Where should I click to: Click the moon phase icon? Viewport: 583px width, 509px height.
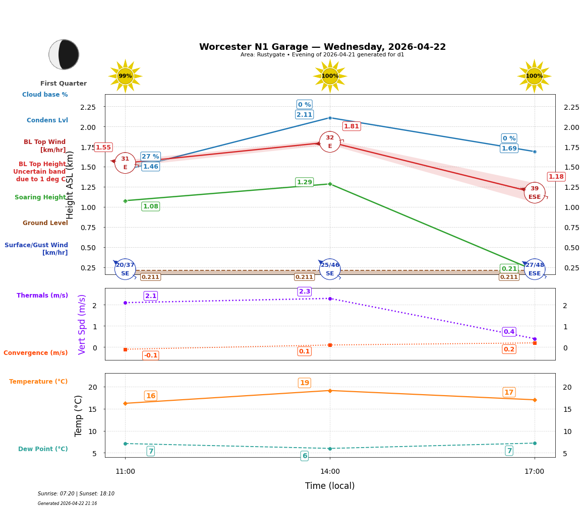click(x=64, y=54)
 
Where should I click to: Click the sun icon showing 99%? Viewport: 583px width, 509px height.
click(x=125, y=76)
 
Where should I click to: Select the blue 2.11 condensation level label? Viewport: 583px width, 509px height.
click(x=304, y=115)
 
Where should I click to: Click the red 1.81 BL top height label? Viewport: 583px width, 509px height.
click(x=352, y=126)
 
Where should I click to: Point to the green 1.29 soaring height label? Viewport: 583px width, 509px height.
click(x=304, y=182)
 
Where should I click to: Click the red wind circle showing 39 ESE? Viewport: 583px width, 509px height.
click(x=534, y=192)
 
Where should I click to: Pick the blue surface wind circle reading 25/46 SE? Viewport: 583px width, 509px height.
click(x=330, y=269)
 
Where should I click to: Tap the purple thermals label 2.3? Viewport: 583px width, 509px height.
click(x=305, y=292)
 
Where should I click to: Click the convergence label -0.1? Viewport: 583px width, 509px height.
click(x=150, y=355)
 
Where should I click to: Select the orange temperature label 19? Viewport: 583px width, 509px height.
click(x=304, y=383)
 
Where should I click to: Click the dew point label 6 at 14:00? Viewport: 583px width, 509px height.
click(x=304, y=456)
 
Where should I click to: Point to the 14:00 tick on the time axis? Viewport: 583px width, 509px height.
click(x=330, y=471)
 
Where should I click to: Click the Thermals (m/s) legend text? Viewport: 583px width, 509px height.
click(x=42, y=296)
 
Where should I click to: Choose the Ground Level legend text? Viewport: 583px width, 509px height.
click(x=45, y=223)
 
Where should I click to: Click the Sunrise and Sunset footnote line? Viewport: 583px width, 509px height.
click(x=76, y=494)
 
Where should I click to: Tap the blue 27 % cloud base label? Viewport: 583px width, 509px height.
click(x=150, y=157)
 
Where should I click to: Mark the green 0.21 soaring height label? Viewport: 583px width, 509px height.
click(x=509, y=268)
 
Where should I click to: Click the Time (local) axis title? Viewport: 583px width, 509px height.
click(x=330, y=486)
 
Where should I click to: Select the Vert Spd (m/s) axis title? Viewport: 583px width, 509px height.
click(x=83, y=324)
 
